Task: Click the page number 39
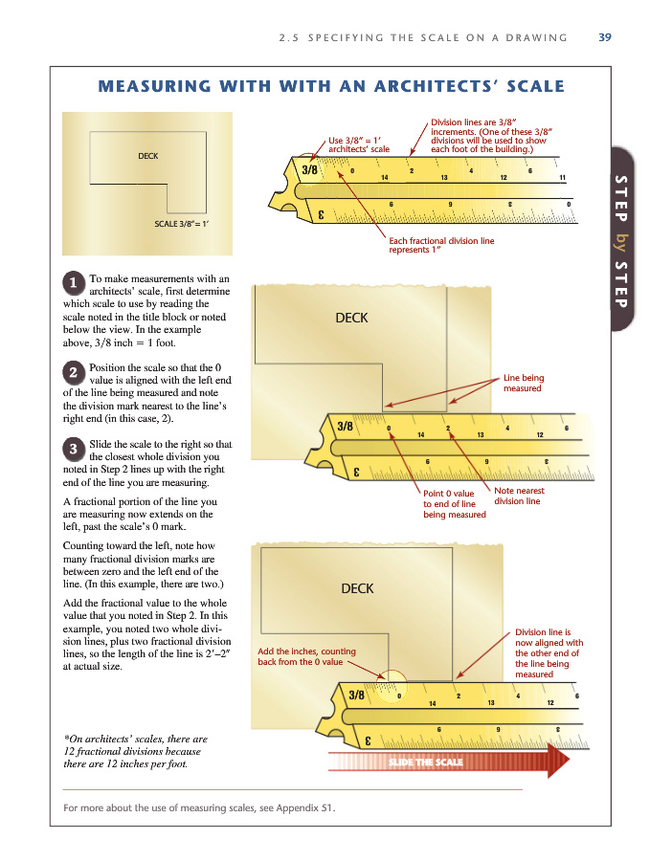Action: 604,38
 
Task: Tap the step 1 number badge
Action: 74,282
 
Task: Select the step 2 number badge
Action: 74,371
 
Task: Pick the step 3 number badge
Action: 74,448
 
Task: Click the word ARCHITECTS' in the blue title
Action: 449,87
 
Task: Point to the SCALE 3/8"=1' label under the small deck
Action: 182,224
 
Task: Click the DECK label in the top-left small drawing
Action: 148,154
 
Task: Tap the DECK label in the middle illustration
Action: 351,318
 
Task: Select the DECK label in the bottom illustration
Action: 357,588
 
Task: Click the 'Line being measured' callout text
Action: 524,383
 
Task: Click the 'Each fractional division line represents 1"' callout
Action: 441,246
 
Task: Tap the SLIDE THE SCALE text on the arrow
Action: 426,762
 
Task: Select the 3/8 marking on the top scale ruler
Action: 310,169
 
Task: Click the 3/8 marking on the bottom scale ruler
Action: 357,694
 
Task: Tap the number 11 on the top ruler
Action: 562,178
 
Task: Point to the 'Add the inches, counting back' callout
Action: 306,656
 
